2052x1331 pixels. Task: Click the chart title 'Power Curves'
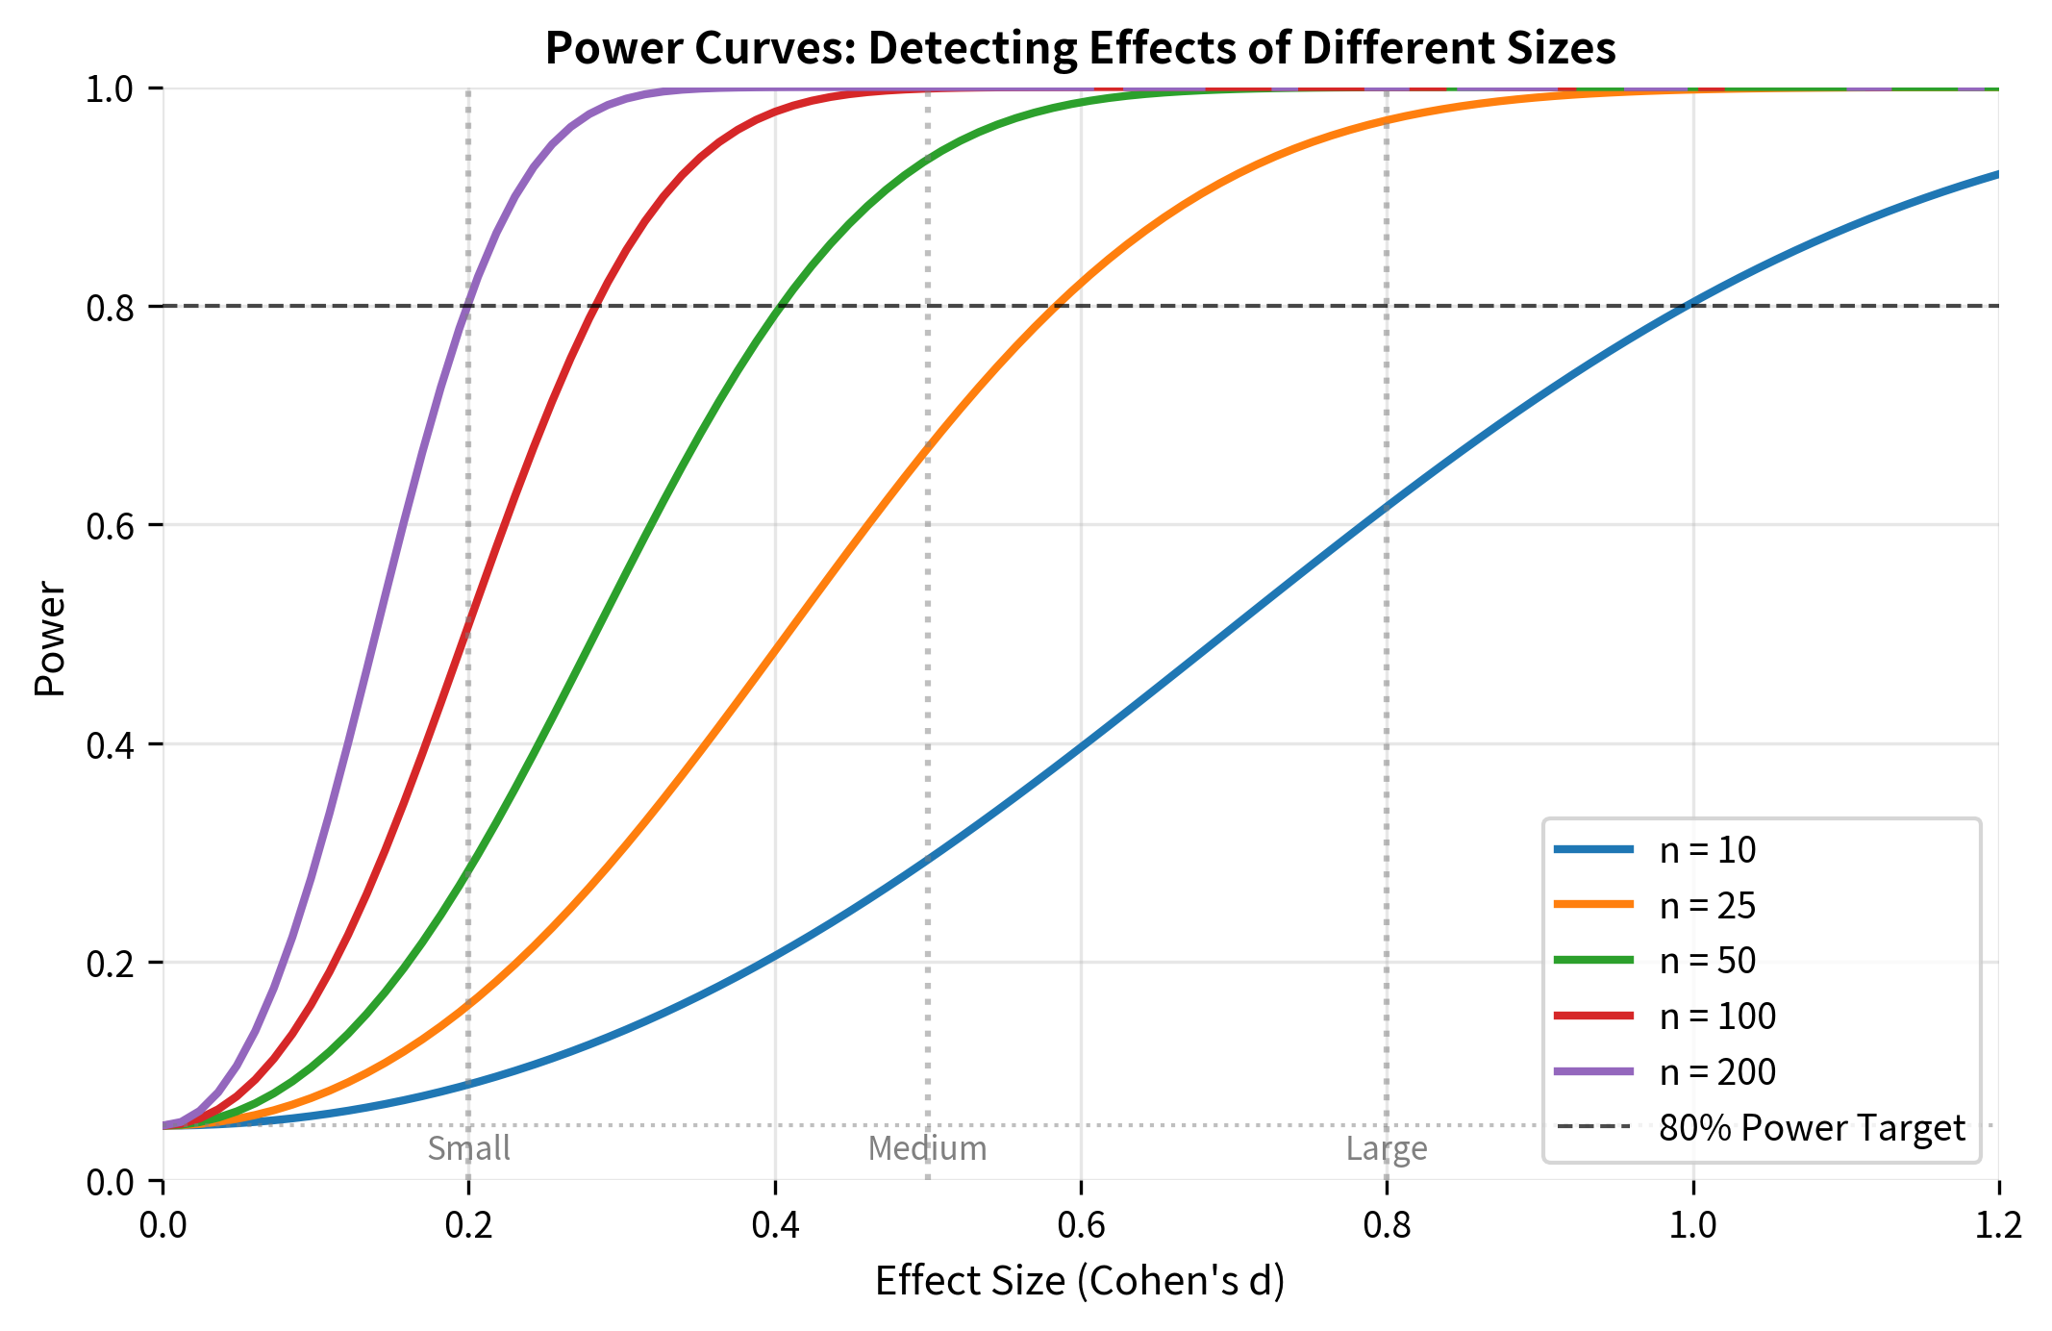click(1080, 48)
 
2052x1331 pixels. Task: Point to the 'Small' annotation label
click(468, 1148)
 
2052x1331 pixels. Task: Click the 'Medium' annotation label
click(927, 1148)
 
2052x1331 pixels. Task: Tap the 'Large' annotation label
click(1386, 1148)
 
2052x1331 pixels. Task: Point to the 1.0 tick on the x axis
click(1692, 1224)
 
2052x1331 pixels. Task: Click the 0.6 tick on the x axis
click(1081, 1224)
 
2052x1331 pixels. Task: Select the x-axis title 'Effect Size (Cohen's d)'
click(1080, 1281)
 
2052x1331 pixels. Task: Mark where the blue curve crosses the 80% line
click(1688, 306)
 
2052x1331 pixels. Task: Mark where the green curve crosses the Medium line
click(927, 160)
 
